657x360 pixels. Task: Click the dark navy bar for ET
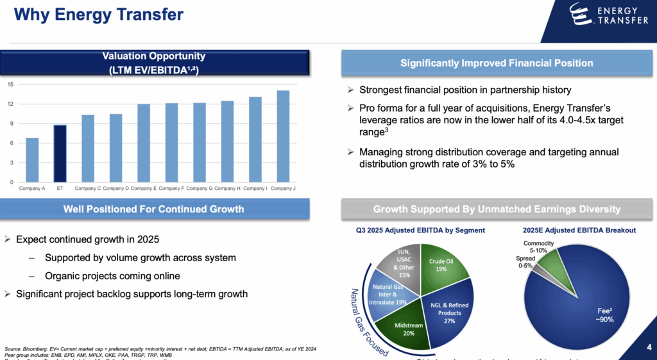[59, 153]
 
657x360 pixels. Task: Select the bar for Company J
[283, 136]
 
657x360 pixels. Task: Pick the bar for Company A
[32, 160]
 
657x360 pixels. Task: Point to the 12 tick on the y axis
[10, 104]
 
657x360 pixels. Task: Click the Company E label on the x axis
[143, 188]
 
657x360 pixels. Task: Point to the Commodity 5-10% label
[538, 247]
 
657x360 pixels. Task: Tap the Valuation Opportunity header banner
[154, 63]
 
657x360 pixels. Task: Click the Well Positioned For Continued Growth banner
[154, 209]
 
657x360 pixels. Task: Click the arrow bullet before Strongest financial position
[350, 90]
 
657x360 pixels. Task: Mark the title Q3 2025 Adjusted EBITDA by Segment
[421, 230]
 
